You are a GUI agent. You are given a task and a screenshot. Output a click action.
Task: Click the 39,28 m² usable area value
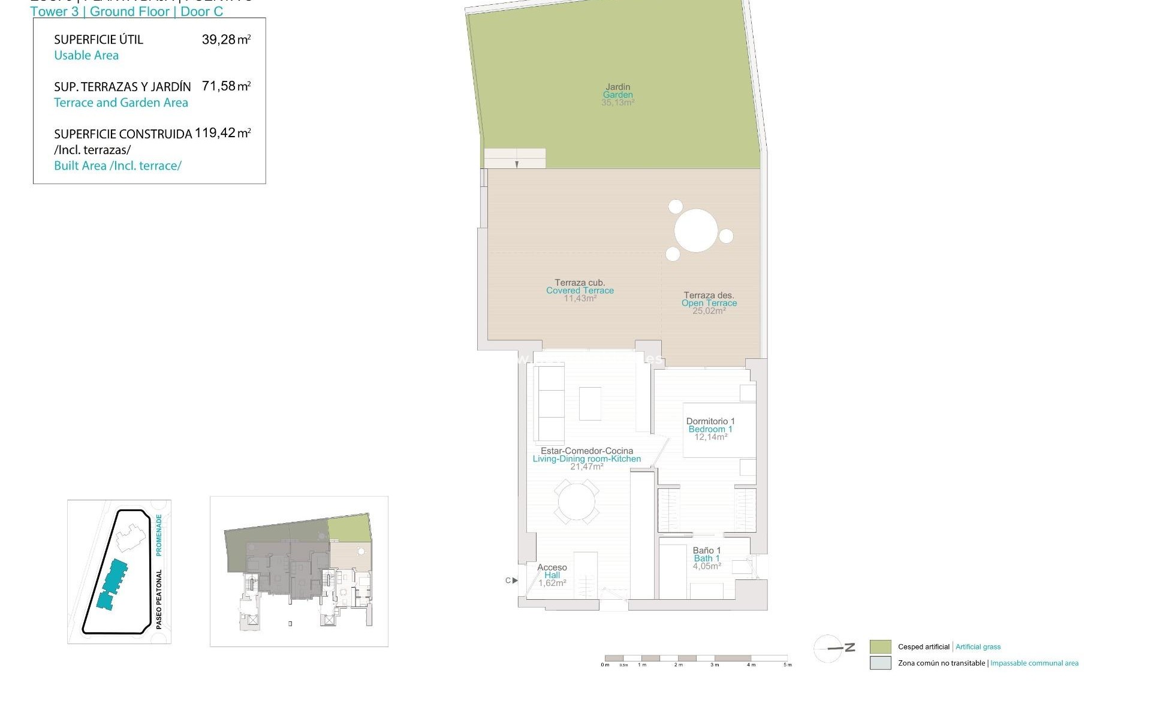click(226, 40)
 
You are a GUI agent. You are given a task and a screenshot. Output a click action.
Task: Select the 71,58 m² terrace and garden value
click(226, 86)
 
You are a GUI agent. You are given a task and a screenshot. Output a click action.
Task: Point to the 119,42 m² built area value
click(222, 133)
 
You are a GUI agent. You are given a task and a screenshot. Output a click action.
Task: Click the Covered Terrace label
click(580, 290)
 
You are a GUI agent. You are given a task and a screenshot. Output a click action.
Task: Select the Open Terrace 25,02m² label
click(709, 303)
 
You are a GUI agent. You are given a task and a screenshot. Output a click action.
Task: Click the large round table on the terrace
click(696, 231)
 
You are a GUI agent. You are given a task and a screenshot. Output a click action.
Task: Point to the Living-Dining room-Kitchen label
click(586, 458)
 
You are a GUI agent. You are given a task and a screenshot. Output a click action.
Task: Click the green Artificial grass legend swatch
click(880, 647)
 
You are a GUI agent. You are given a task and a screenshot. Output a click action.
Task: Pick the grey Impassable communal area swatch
click(880, 663)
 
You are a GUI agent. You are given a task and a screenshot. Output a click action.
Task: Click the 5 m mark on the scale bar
click(788, 664)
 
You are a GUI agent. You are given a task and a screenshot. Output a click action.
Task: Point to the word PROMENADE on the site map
click(159, 533)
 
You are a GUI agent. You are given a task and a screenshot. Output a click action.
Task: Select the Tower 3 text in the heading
click(54, 11)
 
